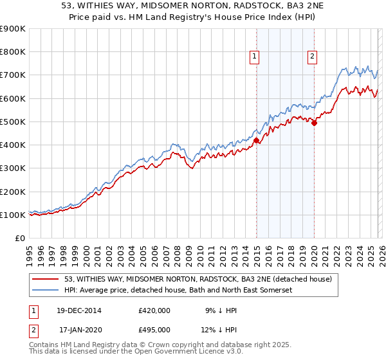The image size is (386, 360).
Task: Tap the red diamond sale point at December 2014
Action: (256, 140)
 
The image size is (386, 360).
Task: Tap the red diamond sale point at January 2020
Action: (314, 123)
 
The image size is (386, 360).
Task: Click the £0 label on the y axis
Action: (19, 238)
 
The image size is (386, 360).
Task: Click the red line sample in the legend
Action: (46, 280)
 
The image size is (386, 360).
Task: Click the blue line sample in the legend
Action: (46, 291)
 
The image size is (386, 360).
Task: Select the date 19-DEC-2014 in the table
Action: (80, 310)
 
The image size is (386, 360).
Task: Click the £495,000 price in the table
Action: (154, 330)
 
